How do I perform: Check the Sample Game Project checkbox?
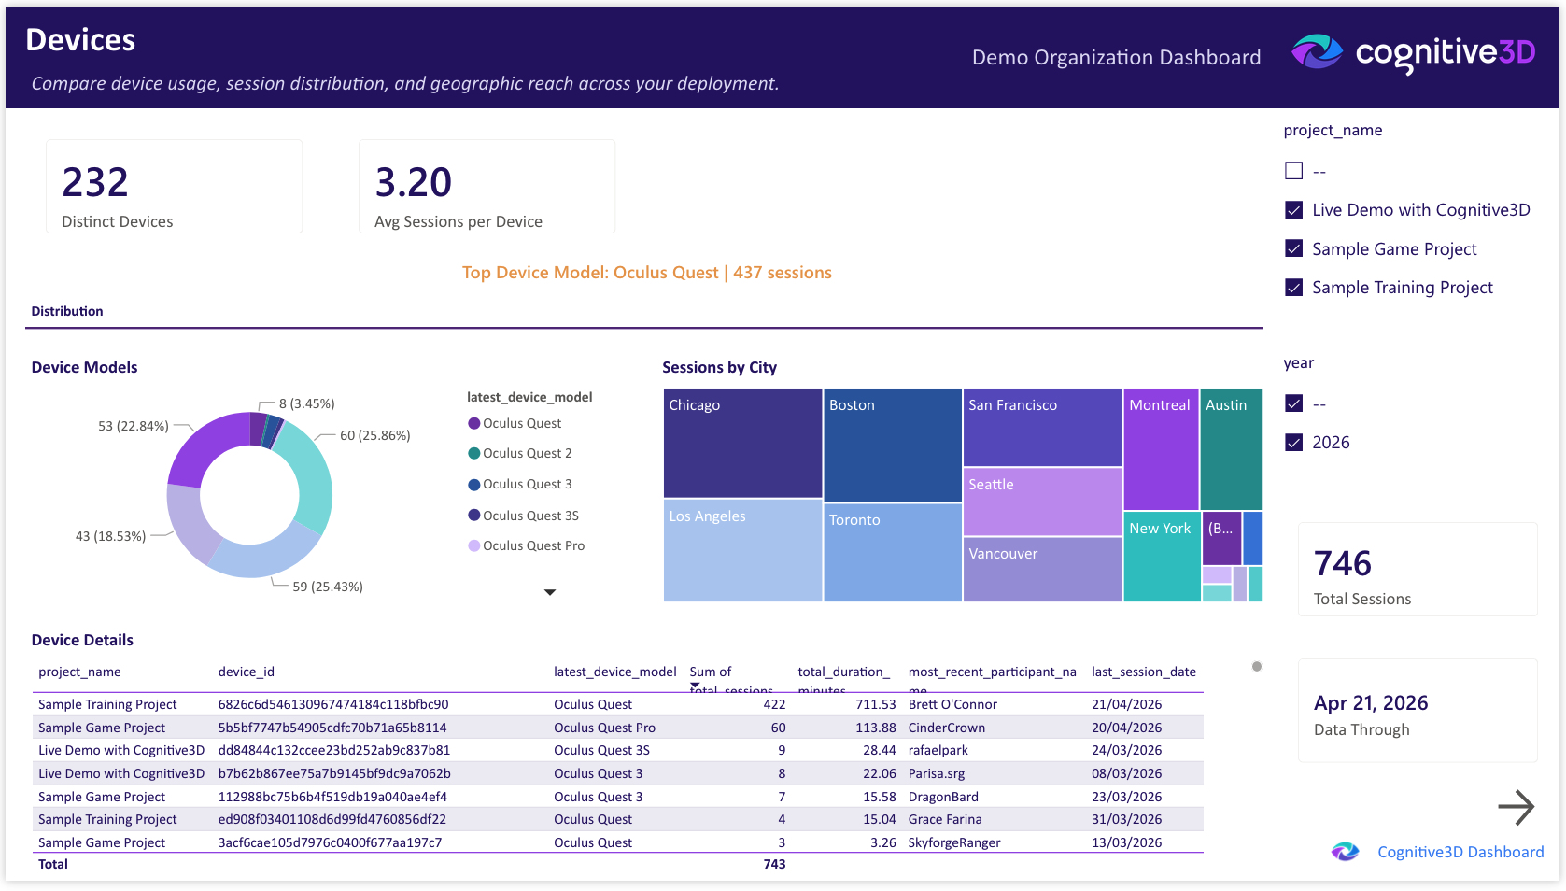(x=1293, y=248)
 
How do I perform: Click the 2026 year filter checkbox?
(x=1293, y=443)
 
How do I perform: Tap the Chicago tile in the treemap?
(x=742, y=443)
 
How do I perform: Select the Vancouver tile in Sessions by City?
(x=1041, y=569)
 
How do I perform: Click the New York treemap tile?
(x=1161, y=555)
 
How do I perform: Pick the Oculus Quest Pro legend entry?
(x=533, y=545)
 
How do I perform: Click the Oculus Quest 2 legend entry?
(x=527, y=453)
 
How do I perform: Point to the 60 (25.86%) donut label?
(x=374, y=435)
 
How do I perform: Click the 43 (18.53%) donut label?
(x=110, y=536)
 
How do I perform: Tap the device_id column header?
(x=246, y=672)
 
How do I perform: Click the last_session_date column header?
(x=1143, y=672)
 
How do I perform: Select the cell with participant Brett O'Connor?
(x=952, y=704)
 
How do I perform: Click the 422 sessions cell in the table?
(x=774, y=704)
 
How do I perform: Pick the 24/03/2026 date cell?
(x=1126, y=750)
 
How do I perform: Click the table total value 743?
(x=774, y=864)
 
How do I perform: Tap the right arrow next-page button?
(x=1516, y=807)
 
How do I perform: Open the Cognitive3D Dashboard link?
(x=1460, y=852)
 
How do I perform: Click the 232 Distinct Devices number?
(x=95, y=182)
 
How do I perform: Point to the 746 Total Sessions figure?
(x=1342, y=563)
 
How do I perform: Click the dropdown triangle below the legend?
(x=550, y=592)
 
